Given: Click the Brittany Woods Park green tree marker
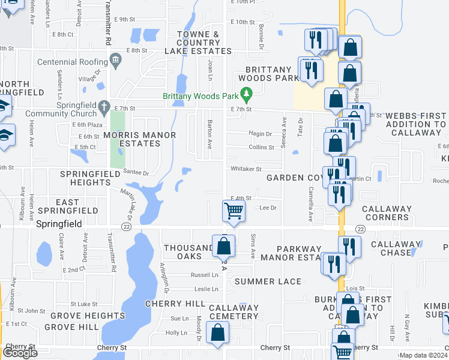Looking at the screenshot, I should [x=246, y=94].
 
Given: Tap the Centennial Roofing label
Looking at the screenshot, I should [x=71, y=61].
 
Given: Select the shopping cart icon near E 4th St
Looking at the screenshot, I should [x=233, y=211].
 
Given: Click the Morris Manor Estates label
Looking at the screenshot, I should [x=140, y=139].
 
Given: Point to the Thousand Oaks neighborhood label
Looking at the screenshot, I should [x=188, y=252].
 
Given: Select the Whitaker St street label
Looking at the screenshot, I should [x=247, y=170].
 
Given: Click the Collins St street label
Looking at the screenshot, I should [x=261, y=147].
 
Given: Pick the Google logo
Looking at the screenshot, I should [x=20, y=353].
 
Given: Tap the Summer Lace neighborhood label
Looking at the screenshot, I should [x=268, y=281].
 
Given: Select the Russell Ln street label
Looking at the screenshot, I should [x=204, y=275].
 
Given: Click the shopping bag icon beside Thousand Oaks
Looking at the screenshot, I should [x=224, y=245].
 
